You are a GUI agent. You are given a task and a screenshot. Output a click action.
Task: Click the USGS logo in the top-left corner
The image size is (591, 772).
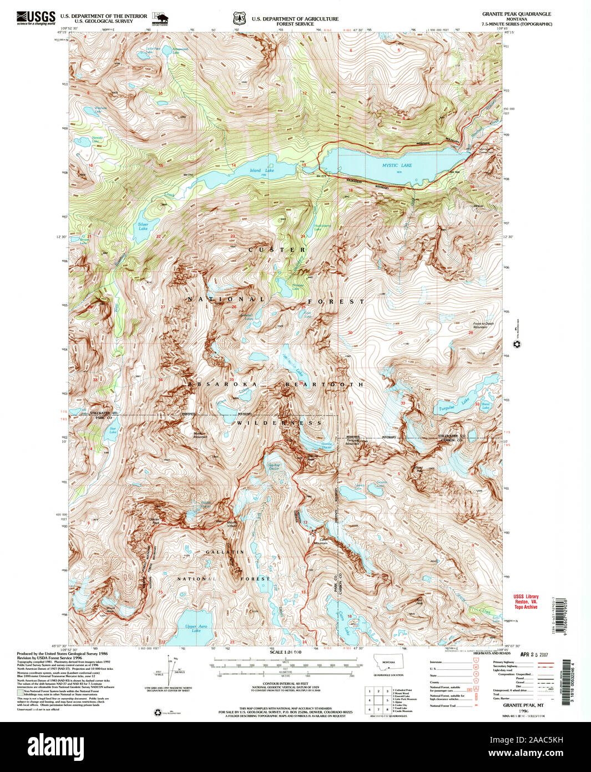point(36,18)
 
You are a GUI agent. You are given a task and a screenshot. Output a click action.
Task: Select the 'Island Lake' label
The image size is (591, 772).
point(261,171)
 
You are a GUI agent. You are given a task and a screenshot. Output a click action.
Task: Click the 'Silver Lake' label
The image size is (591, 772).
point(143,226)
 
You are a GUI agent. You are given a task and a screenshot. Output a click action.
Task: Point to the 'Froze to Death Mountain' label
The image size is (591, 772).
point(483,325)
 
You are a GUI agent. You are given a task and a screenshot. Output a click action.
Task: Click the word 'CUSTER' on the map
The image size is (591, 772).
point(277,250)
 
